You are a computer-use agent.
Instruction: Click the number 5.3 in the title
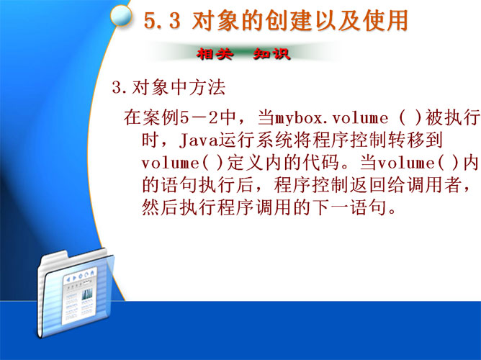click(x=162, y=21)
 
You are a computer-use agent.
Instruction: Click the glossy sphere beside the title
click(x=121, y=15)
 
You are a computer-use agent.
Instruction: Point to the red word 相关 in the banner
click(x=215, y=54)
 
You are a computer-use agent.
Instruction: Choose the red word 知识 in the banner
click(x=271, y=54)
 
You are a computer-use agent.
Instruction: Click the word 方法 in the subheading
click(x=207, y=87)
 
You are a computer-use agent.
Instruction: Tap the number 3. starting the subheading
click(x=120, y=88)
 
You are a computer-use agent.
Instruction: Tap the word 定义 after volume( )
click(x=245, y=163)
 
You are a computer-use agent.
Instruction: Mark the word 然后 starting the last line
click(x=161, y=207)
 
